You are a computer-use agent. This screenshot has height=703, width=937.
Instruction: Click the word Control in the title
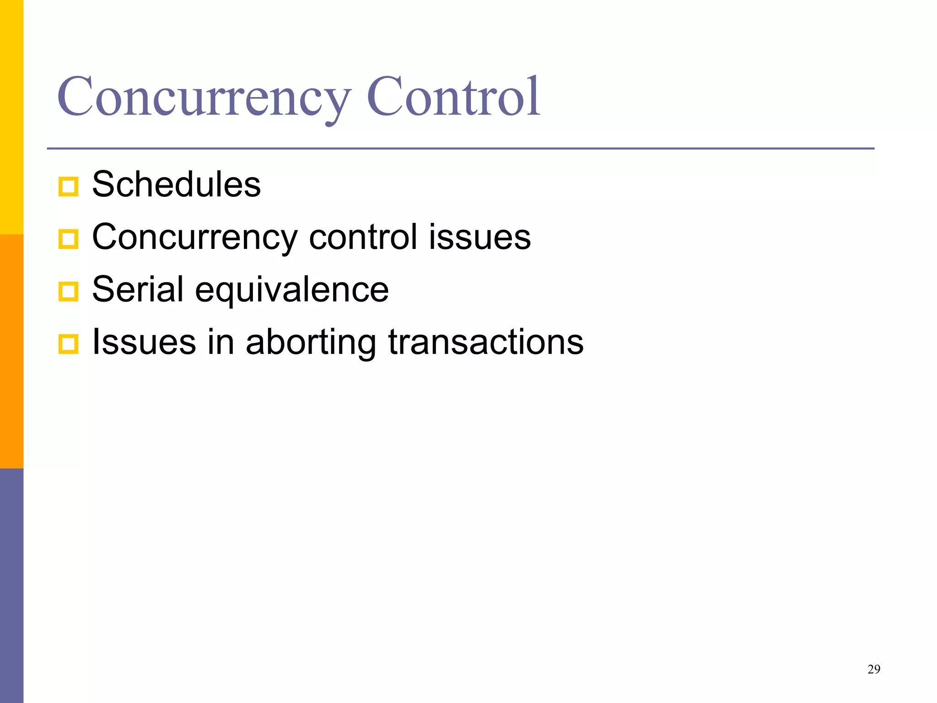[x=453, y=97]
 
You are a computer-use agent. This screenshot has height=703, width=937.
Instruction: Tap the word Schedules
[x=177, y=184]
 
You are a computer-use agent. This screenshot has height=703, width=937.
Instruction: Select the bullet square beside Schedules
[x=69, y=187]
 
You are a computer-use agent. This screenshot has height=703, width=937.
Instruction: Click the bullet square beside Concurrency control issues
[x=69, y=239]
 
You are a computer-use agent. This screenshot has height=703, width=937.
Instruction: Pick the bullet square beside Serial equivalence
[x=69, y=292]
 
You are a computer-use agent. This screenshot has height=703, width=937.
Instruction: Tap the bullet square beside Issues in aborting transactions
[x=69, y=344]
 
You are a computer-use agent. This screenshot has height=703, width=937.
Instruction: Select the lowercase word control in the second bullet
[x=363, y=238]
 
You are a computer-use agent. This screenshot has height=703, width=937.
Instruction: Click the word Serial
[x=138, y=290]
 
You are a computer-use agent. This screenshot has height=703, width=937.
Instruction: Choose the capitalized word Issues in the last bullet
[x=144, y=342]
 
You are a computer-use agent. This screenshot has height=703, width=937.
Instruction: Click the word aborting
[x=311, y=343]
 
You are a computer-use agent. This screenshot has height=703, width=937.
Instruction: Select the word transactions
[x=486, y=342]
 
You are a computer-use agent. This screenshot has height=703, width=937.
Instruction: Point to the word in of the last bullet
[x=221, y=342]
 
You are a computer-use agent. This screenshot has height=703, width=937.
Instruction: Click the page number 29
[x=873, y=670]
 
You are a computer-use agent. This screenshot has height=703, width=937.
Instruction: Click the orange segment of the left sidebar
[x=11, y=351]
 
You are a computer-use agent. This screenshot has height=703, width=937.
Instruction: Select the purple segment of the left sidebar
[x=11, y=585]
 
